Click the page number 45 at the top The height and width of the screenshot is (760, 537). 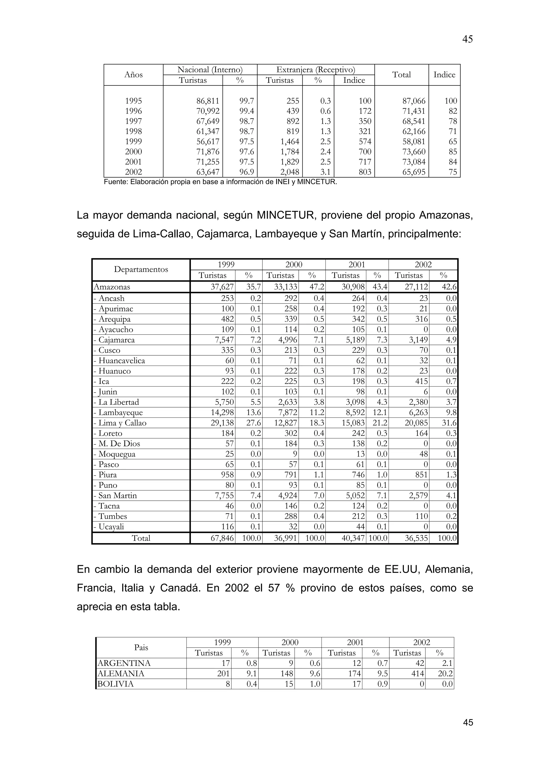467,39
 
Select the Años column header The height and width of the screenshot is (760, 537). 133,75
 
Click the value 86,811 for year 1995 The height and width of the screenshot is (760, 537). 208,101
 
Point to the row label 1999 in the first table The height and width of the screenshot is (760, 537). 133,142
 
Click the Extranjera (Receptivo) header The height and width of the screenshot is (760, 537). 315,70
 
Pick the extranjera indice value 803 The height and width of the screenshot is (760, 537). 365,172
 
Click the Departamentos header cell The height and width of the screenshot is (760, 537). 141,269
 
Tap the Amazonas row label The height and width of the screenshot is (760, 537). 112,287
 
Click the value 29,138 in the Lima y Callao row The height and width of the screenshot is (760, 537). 222,423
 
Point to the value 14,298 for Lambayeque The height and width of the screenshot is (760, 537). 222,413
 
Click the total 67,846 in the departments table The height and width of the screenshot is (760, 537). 222,538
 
